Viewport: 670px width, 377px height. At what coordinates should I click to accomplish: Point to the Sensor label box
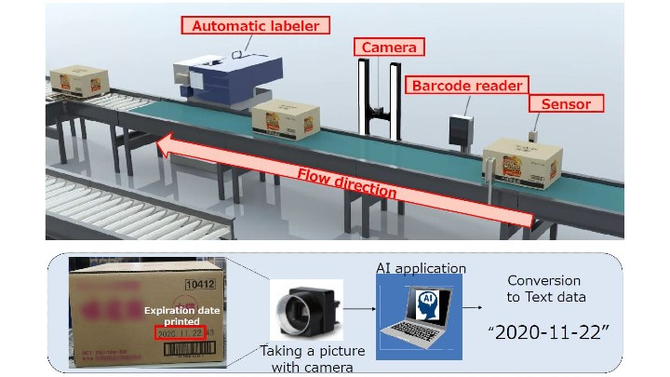point(565,103)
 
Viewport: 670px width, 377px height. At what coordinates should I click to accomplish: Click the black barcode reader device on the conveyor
point(461,131)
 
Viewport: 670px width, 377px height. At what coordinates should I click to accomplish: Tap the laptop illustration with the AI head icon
point(418,312)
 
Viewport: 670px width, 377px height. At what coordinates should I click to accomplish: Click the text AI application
point(421,268)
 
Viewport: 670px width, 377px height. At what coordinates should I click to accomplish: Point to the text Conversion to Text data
point(544,288)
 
